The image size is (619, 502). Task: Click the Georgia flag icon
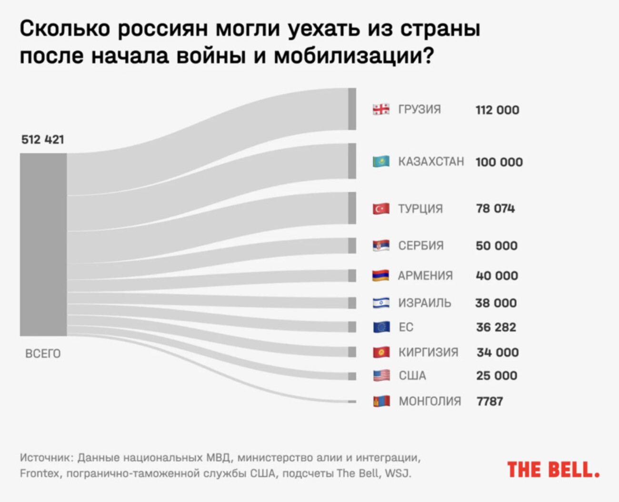[x=381, y=109]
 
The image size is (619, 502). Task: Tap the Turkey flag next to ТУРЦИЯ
[x=381, y=208]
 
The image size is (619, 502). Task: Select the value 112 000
[x=497, y=110]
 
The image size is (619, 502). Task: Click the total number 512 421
[x=42, y=139]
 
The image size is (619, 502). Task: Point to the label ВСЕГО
[x=43, y=354]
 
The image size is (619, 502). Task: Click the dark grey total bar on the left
[x=43, y=245]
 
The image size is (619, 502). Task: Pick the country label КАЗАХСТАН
[x=431, y=162]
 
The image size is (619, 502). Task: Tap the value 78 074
[x=495, y=208]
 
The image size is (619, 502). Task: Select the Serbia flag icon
[x=381, y=246]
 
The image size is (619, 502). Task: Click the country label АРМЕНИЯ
[x=425, y=276]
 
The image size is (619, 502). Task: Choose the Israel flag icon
[x=381, y=303]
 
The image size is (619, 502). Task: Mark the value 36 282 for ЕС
[x=496, y=327]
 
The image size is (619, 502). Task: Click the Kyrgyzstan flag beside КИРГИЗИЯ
[x=381, y=352]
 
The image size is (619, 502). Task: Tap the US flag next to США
[x=381, y=375]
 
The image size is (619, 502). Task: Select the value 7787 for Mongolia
[x=489, y=401]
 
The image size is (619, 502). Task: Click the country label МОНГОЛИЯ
[x=429, y=401]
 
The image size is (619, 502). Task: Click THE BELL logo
[x=553, y=470]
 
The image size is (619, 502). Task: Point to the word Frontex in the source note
[x=40, y=473]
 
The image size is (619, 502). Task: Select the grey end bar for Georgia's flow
[x=352, y=109]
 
